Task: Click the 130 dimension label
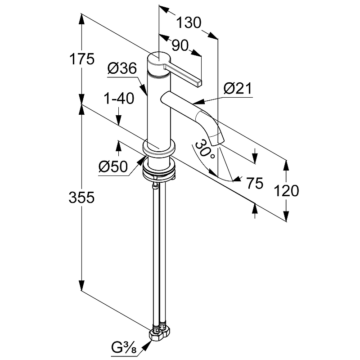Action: coord(189,23)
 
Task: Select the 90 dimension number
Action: coord(180,45)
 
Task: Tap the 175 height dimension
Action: coord(82,59)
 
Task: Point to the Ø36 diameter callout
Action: coord(122,68)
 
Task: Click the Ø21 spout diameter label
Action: coord(238,88)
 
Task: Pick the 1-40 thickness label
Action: coord(119,99)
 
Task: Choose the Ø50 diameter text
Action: coord(113,166)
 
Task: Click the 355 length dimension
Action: coord(81,197)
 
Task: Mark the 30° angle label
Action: coord(205,149)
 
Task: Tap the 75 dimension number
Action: coord(254,183)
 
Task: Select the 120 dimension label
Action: coord(286,190)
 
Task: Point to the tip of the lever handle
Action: coord(199,83)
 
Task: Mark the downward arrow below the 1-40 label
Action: coord(118,117)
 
